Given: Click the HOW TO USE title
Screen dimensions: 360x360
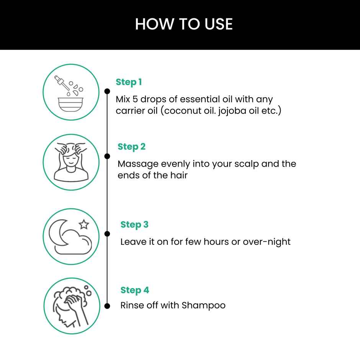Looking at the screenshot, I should click(184, 24).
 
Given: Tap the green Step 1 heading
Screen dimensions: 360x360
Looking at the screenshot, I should click(129, 82).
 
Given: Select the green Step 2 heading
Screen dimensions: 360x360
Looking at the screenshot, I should click(131, 147).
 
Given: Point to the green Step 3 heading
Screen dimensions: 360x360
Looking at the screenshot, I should click(134, 224).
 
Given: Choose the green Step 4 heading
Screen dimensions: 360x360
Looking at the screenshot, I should click(134, 290).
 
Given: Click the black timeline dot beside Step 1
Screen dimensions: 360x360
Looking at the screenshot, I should click(107, 91).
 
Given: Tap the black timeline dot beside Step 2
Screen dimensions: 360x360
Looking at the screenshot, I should click(107, 156).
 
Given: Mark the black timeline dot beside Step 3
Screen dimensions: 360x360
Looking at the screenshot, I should click(107, 234).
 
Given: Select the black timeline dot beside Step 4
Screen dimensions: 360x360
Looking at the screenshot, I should click(107, 305).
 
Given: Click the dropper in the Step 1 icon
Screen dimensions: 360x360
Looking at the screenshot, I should click(61, 82).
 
